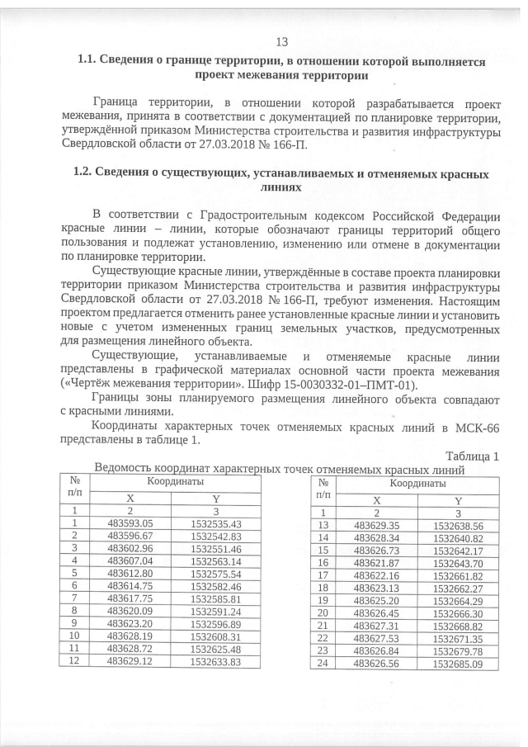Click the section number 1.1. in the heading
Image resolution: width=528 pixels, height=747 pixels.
[87, 60]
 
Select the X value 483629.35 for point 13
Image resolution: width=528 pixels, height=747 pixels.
[376, 525]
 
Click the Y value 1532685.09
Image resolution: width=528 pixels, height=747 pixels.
[455, 663]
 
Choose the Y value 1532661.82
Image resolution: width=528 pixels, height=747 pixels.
[455, 575]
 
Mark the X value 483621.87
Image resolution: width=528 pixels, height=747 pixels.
[376, 563]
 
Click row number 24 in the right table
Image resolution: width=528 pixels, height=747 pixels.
[323, 663]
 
